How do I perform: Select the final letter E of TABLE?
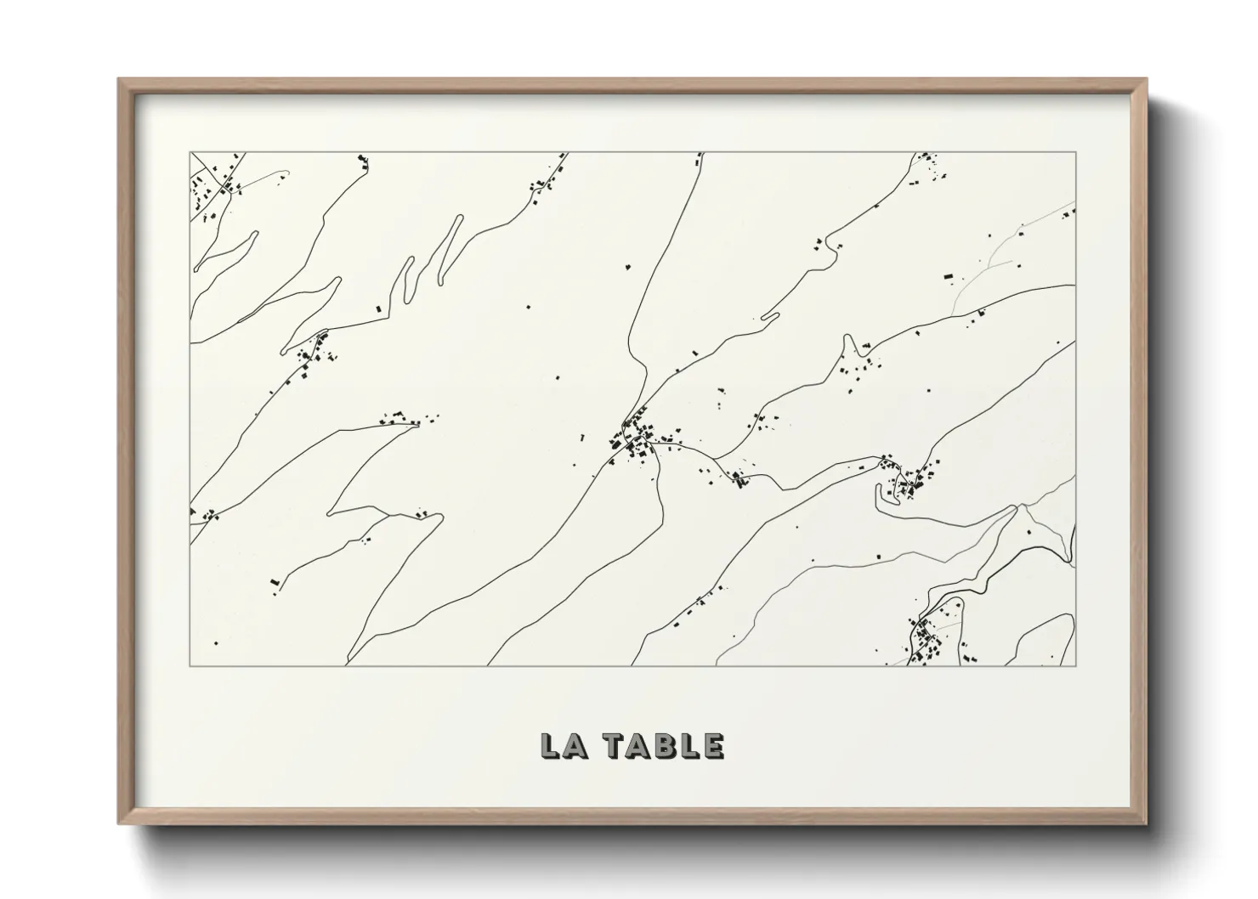coord(713,745)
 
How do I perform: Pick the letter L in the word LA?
coord(549,745)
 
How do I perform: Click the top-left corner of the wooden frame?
coord(120,80)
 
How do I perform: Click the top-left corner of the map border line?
coord(190,153)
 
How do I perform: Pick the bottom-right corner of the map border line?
coord(1075,665)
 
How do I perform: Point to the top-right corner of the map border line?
coord(1075,153)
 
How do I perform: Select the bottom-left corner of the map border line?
coord(190,665)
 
